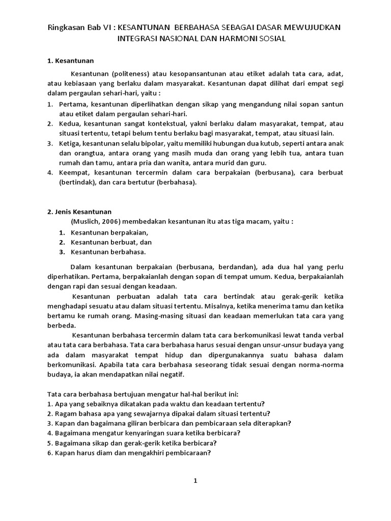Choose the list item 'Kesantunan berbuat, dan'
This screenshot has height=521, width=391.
pos(111,242)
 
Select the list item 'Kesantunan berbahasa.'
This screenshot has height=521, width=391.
pos(108,251)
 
